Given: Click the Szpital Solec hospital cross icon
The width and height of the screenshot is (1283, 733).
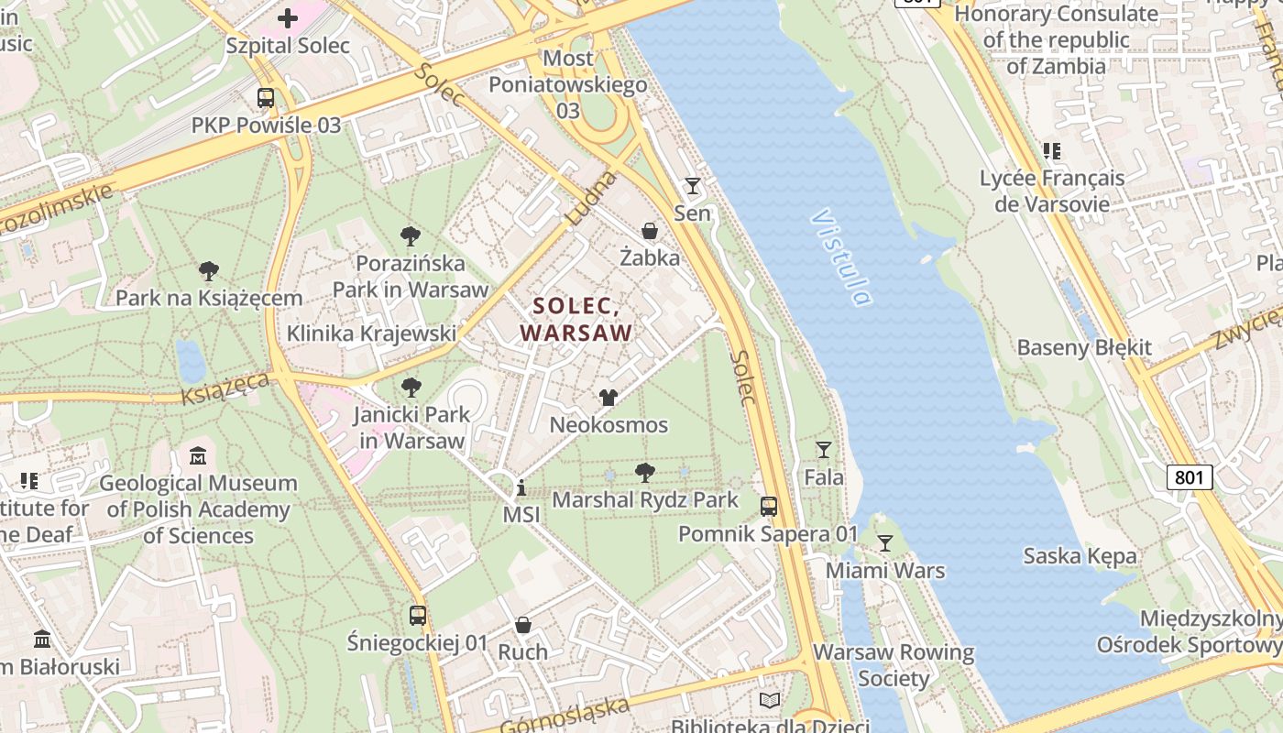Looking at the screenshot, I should click(x=288, y=18).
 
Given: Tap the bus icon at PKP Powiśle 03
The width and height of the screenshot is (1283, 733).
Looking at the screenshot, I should click(x=266, y=98).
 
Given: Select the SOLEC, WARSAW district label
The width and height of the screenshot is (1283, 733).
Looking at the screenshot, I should click(x=576, y=319).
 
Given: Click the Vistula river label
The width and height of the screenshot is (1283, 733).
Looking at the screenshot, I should click(x=839, y=258).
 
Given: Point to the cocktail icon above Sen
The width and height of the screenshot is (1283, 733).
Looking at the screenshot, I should click(x=693, y=186).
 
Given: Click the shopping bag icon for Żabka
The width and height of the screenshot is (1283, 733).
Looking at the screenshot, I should click(x=650, y=231).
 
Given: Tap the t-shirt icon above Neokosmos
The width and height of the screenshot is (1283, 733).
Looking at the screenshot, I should click(x=609, y=398).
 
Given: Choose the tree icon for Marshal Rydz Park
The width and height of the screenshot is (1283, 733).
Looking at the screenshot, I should click(x=645, y=473).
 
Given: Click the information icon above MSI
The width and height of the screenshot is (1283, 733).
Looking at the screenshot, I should click(x=521, y=487).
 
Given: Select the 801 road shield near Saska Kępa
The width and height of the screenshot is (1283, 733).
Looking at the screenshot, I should click(x=1190, y=476).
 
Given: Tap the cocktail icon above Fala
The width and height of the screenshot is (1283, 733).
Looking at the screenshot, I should click(x=824, y=449).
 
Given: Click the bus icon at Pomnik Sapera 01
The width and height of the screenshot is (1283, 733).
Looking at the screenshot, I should click(x=769, y=507).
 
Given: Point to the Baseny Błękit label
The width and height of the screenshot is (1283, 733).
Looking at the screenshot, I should click(x=1084, y=348).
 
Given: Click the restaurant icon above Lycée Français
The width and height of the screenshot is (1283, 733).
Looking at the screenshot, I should click(x=1052, y=151).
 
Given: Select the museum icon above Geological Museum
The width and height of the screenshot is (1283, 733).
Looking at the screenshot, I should click(x=198, y=455).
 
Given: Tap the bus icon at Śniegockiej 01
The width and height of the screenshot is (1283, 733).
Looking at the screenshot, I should click(x=418, y=616).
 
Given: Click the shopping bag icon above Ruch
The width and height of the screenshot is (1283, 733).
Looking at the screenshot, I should click(x=523, y=625).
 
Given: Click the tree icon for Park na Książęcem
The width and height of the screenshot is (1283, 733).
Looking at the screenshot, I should click(x=209, y=271).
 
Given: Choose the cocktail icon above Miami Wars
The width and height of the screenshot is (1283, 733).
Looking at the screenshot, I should click(x=884, y=543).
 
